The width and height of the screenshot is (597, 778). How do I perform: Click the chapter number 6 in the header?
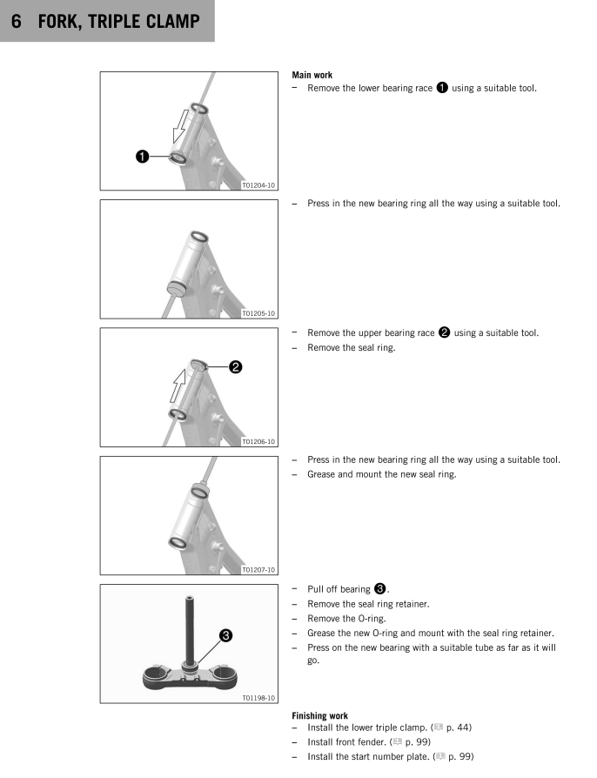click(17, 22)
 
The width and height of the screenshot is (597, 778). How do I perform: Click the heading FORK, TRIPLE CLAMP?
click(119, 22)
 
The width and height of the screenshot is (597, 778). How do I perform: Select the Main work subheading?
click(312, 75)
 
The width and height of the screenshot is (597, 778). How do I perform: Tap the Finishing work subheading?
click(319, 715)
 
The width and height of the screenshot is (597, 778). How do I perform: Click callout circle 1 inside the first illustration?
click(143, 157)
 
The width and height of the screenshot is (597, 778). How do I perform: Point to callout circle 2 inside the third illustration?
click(235, 367)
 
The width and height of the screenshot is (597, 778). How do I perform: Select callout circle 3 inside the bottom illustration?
click(225, 635)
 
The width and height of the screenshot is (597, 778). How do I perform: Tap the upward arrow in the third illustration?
click(178, 386)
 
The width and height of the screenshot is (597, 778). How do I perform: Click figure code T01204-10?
click(258, 185)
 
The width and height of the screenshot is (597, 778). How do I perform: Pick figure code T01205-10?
click(258, 313)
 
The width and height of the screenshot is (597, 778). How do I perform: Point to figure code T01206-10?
click(258, 441)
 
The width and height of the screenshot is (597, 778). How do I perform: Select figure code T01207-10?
click(258, 570)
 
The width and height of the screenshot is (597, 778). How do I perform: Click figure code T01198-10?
click(258, 698)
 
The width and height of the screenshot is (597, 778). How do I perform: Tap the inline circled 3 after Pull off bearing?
click(380, 588)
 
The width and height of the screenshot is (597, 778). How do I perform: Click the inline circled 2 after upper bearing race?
click(444, 332)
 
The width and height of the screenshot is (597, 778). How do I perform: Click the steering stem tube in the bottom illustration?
click(190, 629)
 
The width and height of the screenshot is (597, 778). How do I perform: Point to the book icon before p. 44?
click(439, 728)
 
